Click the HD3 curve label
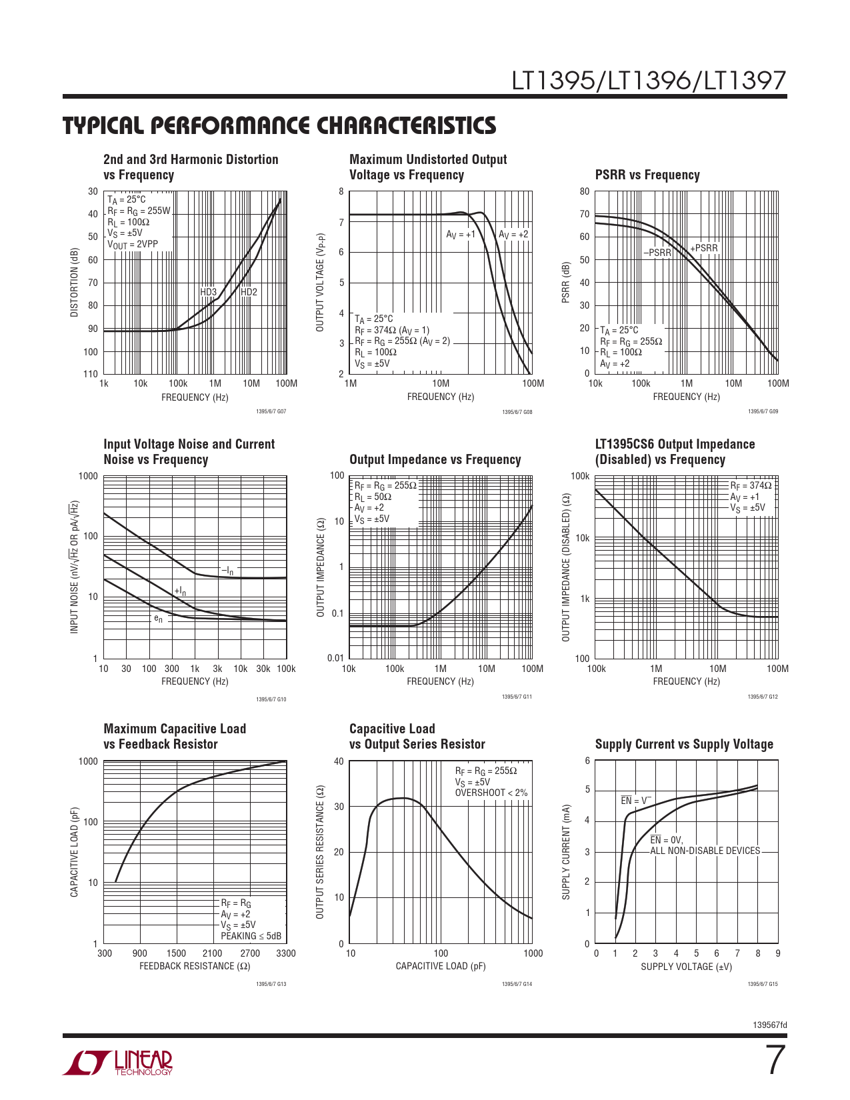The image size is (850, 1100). pos(209,292)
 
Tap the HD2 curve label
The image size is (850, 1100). pos(249,292)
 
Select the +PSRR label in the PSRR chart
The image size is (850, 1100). pos(704,248)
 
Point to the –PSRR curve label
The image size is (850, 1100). pos(657,253)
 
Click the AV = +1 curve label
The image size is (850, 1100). pos(461,235)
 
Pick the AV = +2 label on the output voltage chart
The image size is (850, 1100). pos(513,235)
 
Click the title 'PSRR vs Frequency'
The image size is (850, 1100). pos(647,175)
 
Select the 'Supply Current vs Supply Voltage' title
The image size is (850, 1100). pos(684,745)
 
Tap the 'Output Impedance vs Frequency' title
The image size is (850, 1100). pos(435,460)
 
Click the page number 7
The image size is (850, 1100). pos(775,1060)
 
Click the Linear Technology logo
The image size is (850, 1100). pos(118,1063)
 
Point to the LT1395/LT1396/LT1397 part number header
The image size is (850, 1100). pos(649,81)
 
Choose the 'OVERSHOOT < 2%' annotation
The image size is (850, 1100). pos(491,793)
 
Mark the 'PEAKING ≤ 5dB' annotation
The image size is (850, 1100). pos(251,936)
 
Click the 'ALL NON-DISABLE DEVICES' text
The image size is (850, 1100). pos(705,851)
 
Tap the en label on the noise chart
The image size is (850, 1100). pos(158,619)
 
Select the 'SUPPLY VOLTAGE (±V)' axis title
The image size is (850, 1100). pos(686,967)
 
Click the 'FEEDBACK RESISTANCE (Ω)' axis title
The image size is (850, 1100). pos(195,966)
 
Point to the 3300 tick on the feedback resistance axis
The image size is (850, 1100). pos(286,953)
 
